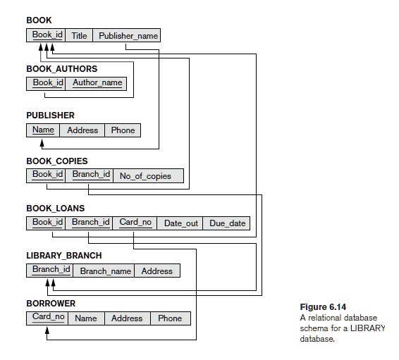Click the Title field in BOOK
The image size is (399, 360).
pos(79,35)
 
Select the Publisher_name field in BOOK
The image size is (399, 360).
pos(128,35)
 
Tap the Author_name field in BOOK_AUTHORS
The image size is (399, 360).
pos(97,83)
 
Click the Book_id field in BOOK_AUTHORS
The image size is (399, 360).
pos(47,83)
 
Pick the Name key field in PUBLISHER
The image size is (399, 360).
pos(43,130)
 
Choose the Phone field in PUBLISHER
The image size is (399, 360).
pos(123,130)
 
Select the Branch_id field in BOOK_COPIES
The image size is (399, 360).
pos(90,175)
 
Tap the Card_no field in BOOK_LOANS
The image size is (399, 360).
pos(135,223)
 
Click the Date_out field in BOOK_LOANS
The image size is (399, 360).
pos(181,223)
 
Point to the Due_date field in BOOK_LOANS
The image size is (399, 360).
pos(227,223)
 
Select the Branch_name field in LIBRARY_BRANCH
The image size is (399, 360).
pos(105,271)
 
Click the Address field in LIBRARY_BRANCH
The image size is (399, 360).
pos(156,271)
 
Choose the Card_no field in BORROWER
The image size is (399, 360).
pos(48,318)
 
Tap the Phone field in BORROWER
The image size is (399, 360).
pos(170,318)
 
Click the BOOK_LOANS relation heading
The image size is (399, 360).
pos(55,209)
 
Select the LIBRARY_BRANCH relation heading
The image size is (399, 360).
pos(63,255)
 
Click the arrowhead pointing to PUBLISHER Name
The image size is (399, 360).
pos(43,142)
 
